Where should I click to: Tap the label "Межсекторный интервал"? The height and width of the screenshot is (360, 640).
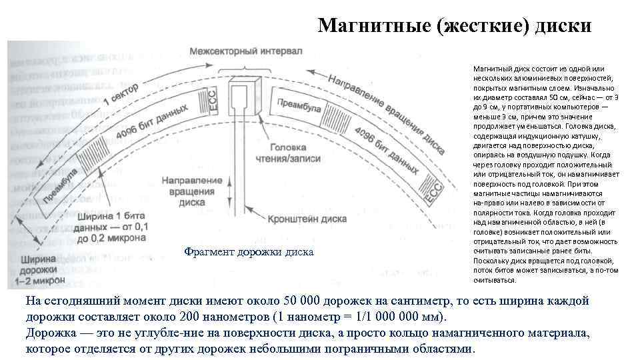point(245,51)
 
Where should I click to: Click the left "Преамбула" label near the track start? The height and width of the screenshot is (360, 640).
point(61,186)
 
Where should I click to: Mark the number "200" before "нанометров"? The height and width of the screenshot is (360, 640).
point(258,316)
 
